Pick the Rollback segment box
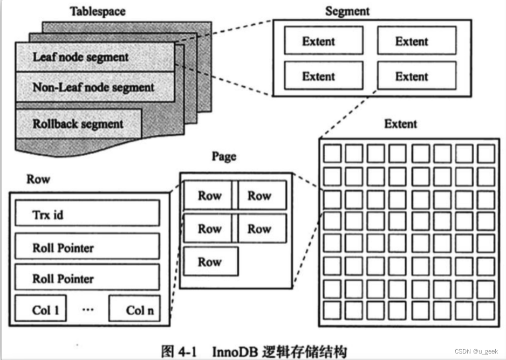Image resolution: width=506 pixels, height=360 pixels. pyautogui.click(x=79, y=123)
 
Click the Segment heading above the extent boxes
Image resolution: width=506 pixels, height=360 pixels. pyautogui.click(x=347, y=11)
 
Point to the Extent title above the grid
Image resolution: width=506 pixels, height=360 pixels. pyautogui.click(x=400, y=124)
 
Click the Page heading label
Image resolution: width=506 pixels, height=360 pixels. pyautogui.click(x=224, y=157)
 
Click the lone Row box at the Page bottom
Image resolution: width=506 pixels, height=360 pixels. pyautogui.click(x=210, y=262)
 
